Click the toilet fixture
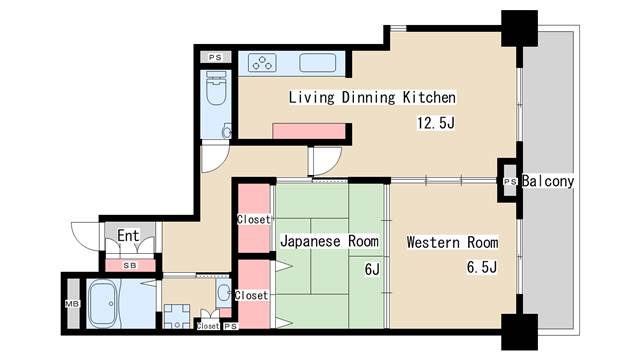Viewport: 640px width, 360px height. point(215,93)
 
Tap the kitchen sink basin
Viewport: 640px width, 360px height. point(322,64)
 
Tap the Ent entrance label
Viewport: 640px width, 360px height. point(128,236)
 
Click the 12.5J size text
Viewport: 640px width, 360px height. point(436,123)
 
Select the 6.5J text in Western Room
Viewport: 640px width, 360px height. point(481,267)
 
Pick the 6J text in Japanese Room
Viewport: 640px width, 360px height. point(371,267)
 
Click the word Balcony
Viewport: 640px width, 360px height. point(548,181)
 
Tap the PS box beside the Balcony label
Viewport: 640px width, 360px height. point(509,182)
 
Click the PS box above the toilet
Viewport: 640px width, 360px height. point(215,57)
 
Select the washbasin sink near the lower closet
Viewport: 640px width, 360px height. point(223,293)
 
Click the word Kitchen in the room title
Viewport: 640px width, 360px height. point(431,98)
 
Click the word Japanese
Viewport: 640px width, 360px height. point(311,242)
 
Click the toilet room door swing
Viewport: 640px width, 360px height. point(215,158)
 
